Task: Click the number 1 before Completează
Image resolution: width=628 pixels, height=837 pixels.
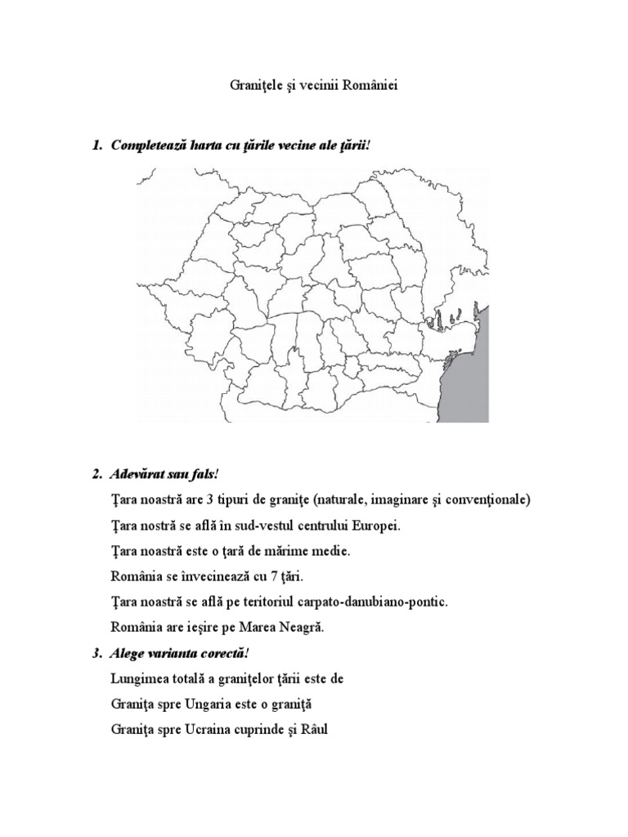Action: (96, 145)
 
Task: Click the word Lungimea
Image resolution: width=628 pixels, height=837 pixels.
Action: (135, 678)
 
